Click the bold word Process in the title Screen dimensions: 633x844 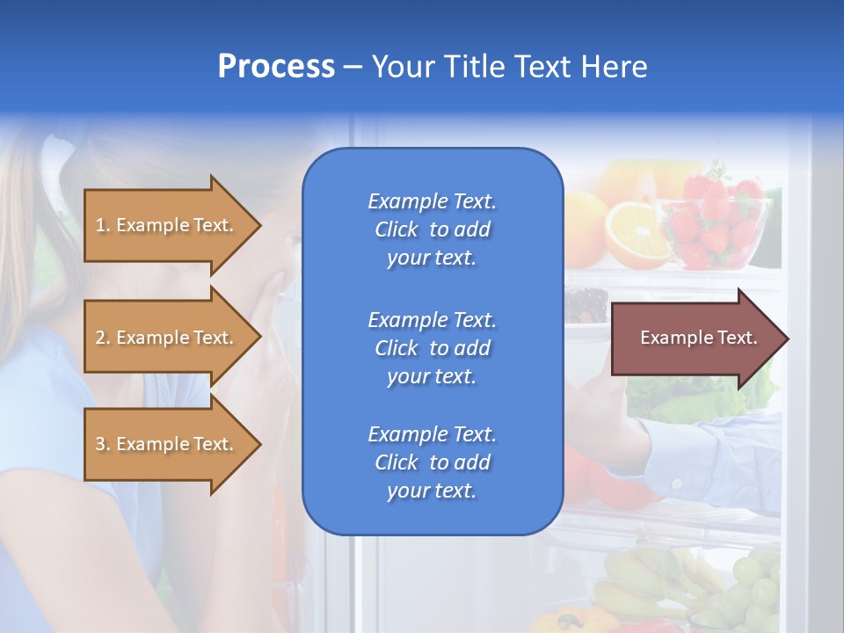coord(276,67)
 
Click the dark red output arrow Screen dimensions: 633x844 coord(695,338)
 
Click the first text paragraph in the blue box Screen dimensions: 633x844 coord(432,229)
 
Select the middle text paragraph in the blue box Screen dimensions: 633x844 coord(432,348)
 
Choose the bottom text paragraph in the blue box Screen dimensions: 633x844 coord(432,462)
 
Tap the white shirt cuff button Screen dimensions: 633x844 coord(678,483)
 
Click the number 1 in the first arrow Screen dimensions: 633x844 coord(100,225)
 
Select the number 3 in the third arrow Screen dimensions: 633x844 coord(100,444)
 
